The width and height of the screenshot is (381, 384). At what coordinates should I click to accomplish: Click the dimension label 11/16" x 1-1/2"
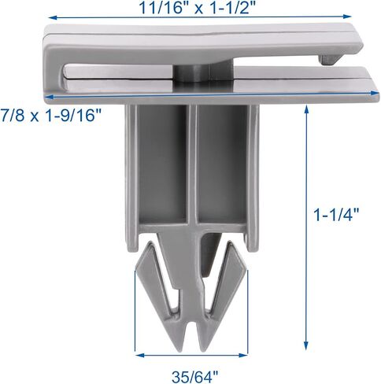pyautogui.click(x=197, y=8)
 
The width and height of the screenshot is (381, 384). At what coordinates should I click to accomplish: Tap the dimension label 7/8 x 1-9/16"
pyautogui.click(x=50, y=115)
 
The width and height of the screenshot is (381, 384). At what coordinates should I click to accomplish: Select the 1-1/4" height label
pyautogui.click(x=336, y=215)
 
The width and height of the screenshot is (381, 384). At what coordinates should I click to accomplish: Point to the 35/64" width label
pyautogui.click(x=195, y=377)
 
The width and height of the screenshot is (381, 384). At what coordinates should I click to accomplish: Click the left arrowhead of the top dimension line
pyautogui.click(x=53, y=17)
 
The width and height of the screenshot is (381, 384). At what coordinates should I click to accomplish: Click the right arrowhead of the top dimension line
pyautogui.click(x=347, y=17)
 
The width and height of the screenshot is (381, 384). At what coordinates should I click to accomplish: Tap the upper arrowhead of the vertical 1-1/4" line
pyautogui.click(x=306, y=109)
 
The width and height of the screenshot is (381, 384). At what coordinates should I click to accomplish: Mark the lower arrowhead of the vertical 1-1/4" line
pyautogui.click(x=306, y=345)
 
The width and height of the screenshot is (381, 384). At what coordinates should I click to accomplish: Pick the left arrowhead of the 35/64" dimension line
pyautogui.click(x=139, y=356)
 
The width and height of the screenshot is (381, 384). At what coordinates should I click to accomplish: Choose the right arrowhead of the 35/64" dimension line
pyautogui.click(x=243, y=356)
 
